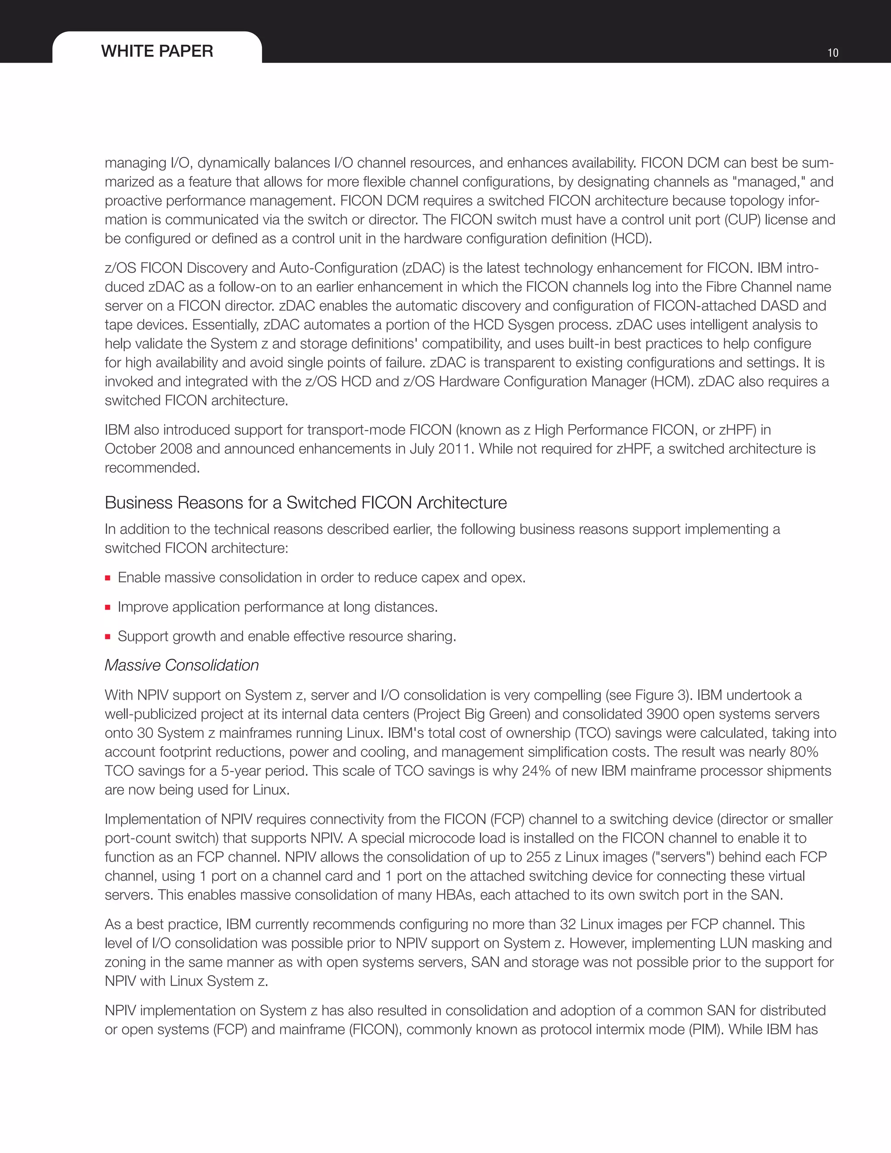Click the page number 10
click(x=832, y=53)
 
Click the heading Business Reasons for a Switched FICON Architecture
click(x=305, y=503)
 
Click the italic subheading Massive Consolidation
click(x=181, y=665)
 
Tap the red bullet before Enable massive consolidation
click(x=108, y=578)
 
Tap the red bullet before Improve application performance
click(x=108, y=608)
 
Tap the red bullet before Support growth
click(x=108, y=637)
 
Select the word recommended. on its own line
click(x=152, y=468)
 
